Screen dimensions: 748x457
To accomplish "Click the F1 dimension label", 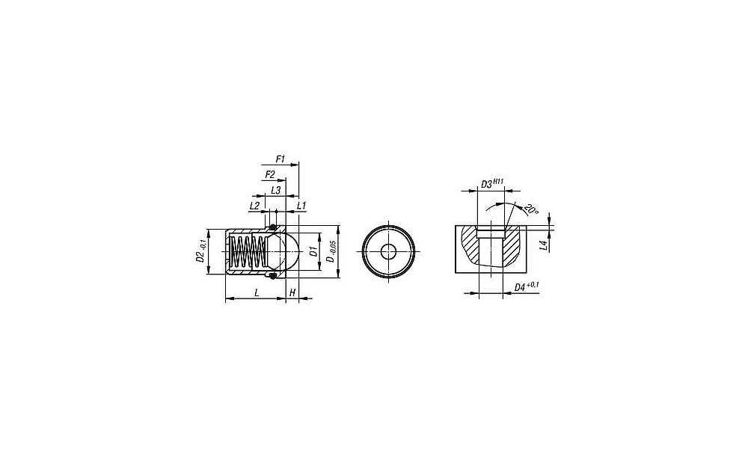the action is [x=280, y=159].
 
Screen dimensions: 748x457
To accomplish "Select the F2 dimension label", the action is [x=270, y=174].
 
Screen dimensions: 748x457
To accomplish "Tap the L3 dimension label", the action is [x=275, y=190].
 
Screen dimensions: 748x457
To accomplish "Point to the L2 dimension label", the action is [x=254, y=206].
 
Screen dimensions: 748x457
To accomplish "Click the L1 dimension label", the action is [x=301, y=206].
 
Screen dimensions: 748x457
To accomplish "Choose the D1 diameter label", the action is [x=313, y=252].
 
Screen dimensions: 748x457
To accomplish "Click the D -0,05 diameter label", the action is [x=331, y=252].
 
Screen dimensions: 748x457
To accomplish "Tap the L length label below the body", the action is [x=257, y=292].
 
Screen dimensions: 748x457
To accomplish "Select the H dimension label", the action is [x=292, y=292].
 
